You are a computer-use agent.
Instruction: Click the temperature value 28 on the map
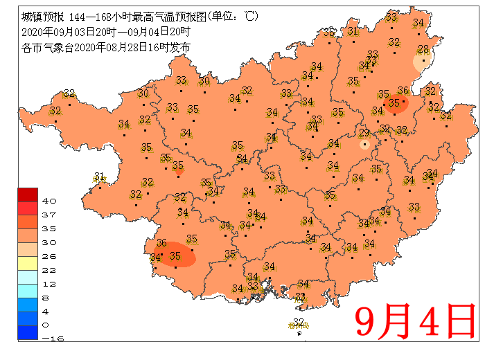click(422, 49)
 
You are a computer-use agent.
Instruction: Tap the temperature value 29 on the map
click(363, 134)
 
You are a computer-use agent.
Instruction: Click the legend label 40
click(49, 201)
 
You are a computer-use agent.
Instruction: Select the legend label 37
click(49, 215)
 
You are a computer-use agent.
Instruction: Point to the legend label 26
click(49, 256)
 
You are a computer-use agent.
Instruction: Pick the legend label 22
click(49, 270)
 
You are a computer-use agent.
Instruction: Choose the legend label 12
click(49, 284)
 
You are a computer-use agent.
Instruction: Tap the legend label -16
click(49, 339)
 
